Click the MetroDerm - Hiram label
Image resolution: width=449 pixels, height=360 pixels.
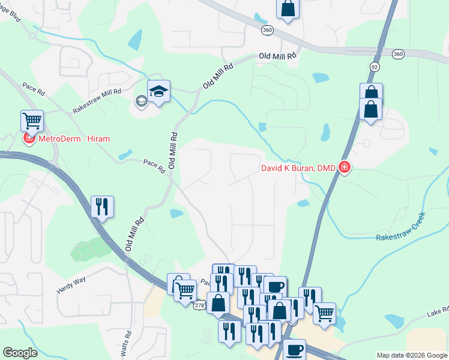point(75,139)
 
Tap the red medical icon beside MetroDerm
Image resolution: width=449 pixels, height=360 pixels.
point(28,139)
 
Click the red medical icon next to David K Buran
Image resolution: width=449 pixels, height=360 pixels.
point(345,167)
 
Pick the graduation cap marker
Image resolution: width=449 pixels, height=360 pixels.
point(158,92)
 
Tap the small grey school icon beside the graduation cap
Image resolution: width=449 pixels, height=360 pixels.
point(141,101)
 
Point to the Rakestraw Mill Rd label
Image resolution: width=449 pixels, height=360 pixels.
point(97,101)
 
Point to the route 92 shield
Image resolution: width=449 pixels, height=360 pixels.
point(375,66)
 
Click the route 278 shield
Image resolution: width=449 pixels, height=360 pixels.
point(200,305)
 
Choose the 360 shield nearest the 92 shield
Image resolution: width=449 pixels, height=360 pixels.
point(398,54)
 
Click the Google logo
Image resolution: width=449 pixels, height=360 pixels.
point(20,353)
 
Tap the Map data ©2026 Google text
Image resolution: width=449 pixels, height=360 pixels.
point(412,355)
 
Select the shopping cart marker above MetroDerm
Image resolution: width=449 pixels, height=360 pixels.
point(32,120)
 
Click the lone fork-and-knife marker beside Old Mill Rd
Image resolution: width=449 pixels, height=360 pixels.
point(102,207)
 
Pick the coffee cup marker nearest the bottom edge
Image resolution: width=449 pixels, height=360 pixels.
point(294,350)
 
